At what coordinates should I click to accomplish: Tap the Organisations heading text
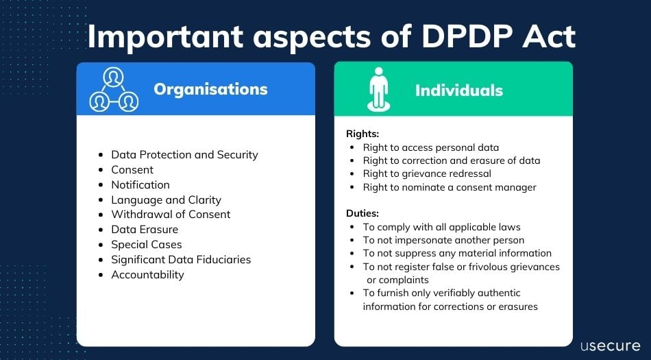click(x=210, y=89)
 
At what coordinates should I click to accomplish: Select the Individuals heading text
click(x=459, y=90)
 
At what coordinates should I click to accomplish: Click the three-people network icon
click(x=114, y=90)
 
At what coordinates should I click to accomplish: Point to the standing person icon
click(x=378, y=89)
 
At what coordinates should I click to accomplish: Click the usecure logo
click(x=609, y=345)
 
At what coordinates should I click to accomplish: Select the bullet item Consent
click(x=132, y=169)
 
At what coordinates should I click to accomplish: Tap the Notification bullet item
click(x=140, y=184)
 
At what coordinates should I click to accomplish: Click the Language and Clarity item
click(x=166, y=200)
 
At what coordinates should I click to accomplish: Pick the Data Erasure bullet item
click(x=145, y=229)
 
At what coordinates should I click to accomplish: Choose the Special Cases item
click(x=147, y=244)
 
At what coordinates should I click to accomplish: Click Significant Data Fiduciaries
click(x=181, y=259)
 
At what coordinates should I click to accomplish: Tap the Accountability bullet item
click(x=147, y=274)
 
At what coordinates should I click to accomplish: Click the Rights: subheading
click(x=363, y=134)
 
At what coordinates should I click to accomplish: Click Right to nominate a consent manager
click(x=450, y=187)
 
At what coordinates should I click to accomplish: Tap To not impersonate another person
click(x=443, y=240)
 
